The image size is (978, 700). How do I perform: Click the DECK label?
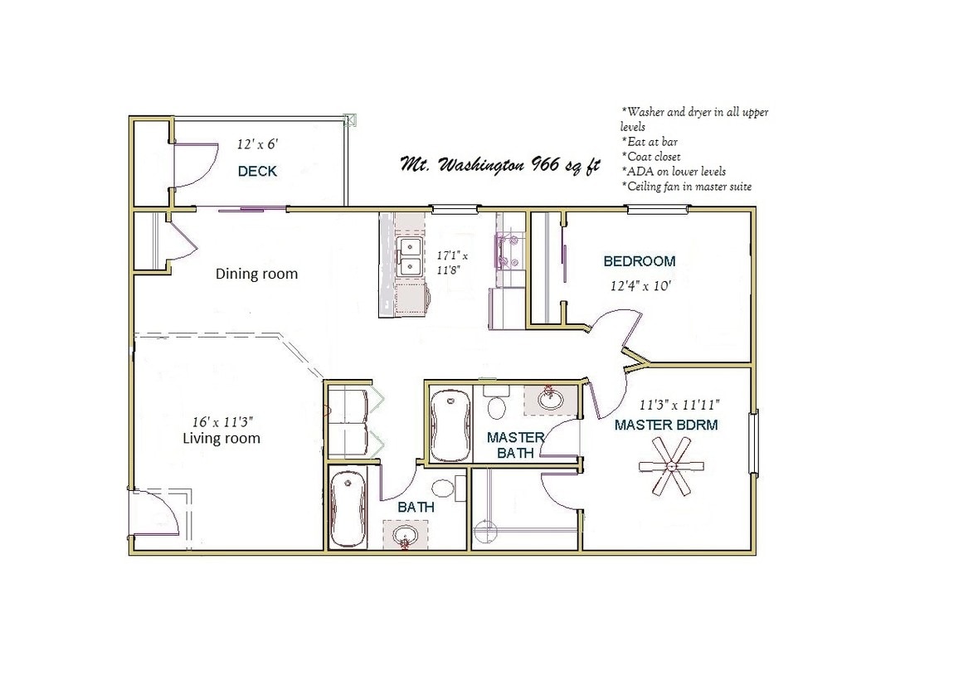pyautogui.click(x=257, y=171)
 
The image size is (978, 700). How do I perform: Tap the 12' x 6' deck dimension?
pyautogui.click(x=257, y=144)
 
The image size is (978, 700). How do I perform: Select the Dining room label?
pyautogui.click(x=256, y=274)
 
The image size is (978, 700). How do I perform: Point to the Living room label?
pyautogui.click(x=221, y=439)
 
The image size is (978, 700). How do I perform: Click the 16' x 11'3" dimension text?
pyautogui.click(x=222, y=422)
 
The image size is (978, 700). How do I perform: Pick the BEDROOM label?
pyautogui.click(x=640, y=261)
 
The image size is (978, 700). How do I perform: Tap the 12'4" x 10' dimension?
pyautogui.click(x=640, y=286)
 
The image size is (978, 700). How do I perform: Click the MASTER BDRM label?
pyautogui.click(x=666, y=425)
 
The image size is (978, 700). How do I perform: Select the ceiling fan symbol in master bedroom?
pyautogui.click(x=672, y=466)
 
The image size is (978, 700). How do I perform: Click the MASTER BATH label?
pyautogui.click(x=515, y=445)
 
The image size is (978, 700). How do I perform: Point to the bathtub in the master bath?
pyautogui.click(x=450, y=425)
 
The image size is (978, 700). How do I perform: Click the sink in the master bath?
pyautogui.click(x=549, y=399)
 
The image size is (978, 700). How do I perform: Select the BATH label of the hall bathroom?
pyautogui.click(x=416, y=508)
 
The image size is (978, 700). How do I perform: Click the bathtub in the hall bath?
pyautogui.click(x=348, y=508)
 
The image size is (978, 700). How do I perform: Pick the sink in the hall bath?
pyautogui.click(x=406, y=536)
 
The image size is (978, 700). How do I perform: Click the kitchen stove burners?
pyautogui.click(x=508, y=250)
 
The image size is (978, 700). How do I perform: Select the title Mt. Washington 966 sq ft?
pyautogui.click(x=499, y=165)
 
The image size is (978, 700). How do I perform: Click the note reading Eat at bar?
pyautogui.click(x=650, y=142)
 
